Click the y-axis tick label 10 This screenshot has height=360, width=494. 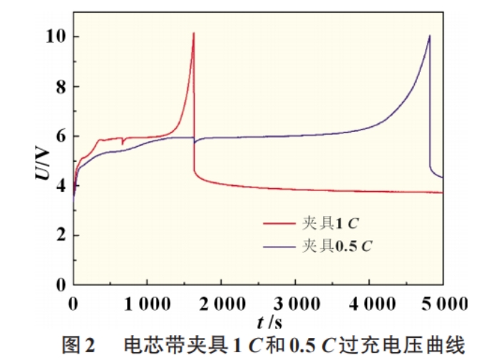55,36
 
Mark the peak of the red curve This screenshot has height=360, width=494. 193,33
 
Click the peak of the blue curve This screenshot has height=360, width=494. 429,36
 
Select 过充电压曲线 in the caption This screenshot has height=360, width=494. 421,346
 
